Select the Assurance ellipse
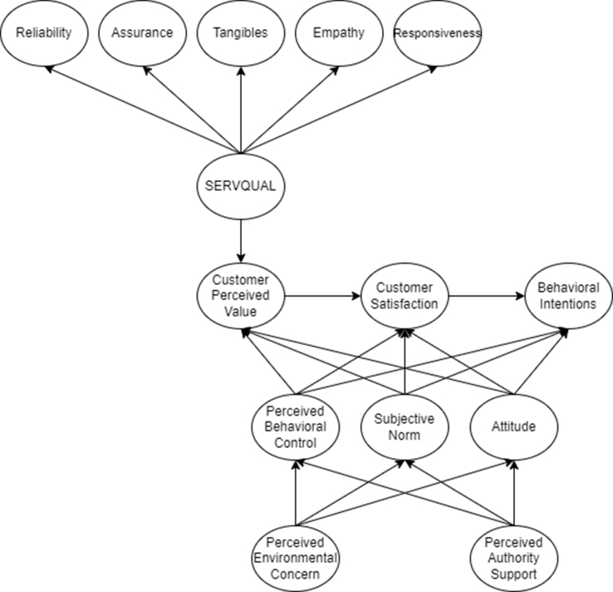142,34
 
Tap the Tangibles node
240,34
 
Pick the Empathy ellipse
337,34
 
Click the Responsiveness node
437,34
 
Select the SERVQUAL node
240,186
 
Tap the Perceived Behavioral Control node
295,426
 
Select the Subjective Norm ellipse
404,426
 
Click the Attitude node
513,426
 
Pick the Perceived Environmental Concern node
295,556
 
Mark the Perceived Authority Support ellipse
513,556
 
